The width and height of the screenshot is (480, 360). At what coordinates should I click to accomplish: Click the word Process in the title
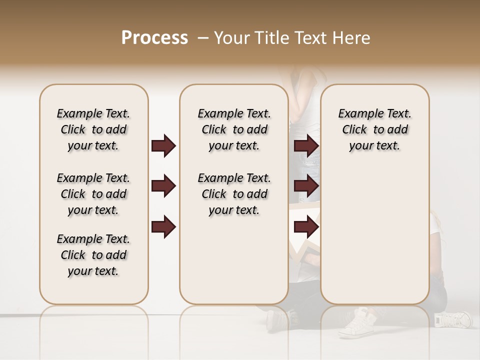(154, 38)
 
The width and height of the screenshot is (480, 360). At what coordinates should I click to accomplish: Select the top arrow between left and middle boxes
(163, 145)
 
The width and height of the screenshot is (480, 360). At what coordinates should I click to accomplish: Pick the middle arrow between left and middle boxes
(163, 186)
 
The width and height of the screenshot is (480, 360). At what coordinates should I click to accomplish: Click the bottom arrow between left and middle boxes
(163, 227)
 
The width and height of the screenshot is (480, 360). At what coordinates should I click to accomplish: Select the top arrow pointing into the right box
(306, 145)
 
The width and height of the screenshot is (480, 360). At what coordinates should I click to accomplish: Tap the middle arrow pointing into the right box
(306, 186)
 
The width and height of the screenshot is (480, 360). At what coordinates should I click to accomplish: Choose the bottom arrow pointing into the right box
(306, 227)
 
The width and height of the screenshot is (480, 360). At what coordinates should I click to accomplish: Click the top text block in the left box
(93, 129)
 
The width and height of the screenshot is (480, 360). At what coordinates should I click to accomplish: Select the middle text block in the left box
(93, 194)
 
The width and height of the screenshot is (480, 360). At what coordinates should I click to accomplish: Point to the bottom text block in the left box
(93, 255)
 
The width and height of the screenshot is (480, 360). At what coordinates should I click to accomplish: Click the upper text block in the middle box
(234, 129)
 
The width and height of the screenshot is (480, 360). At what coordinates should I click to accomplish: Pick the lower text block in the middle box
(234, 194)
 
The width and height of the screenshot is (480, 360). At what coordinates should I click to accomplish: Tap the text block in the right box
(375, 129)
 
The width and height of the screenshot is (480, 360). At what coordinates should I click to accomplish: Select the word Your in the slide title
(229, 38)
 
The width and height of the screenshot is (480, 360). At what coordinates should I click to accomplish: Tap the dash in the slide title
(202, 38)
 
